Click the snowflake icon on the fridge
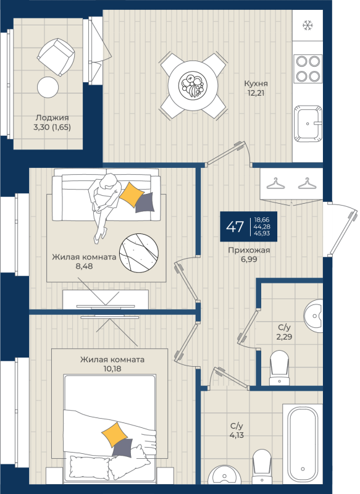tap(307, 25)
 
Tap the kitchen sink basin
tap(308, 123)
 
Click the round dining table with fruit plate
tap(193, 85)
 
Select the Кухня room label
tap(256, 83)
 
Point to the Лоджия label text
tap(52, 118)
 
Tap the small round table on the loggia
tap(48, 87)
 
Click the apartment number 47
tap(235, 227)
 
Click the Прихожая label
tap(249, 250)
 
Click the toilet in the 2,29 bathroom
tap(279, 367)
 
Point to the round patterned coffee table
tap(139, 253)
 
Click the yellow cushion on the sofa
tap(132, 195)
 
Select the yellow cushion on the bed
tap(115, 435)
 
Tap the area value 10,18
tap(112, 369)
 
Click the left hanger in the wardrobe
tap(275, 184)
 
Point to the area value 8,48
tap(84, 266)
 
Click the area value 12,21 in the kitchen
tap(256, 93)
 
